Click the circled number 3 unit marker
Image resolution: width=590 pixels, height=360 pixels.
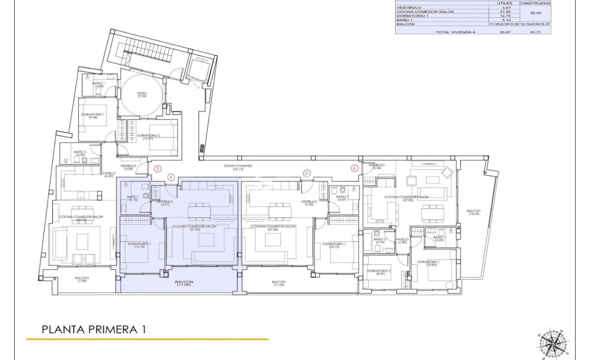click(x=157, y=169)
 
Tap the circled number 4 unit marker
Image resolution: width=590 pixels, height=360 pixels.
click(x=171, y=177)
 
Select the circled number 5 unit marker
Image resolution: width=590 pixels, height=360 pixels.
click(x=306, y=172)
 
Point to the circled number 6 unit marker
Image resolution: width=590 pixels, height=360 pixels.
click(x=354, y=168)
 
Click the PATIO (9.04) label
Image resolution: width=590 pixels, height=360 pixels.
click(x=142, y=95)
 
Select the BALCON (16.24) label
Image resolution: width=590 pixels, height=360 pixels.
click(x=473, y=213)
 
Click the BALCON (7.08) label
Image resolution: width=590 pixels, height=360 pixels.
click(x=82, y=280)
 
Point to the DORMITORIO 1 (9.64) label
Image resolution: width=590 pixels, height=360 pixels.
click(x=93, y=116)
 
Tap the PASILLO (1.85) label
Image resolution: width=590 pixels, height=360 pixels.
click(x=402, y=241)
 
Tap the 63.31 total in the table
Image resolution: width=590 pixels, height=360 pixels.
click(x=535, y=32)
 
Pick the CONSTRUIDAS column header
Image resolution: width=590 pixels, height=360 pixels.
click(x=535, y=3)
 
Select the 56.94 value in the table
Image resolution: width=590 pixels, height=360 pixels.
click(x=535, y=13)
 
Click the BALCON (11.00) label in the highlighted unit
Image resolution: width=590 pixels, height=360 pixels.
click(x=184, y=283)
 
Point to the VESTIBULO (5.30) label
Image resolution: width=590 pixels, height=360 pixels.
click(x=309, y=203)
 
